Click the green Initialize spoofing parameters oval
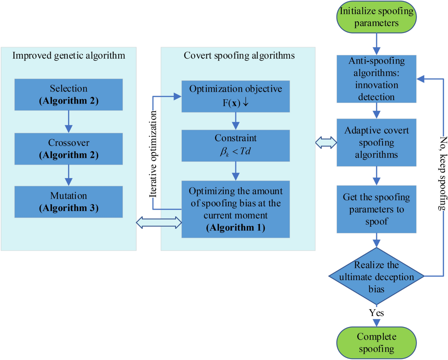pyautogui.click(x=376, y=17)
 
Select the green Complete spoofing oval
pyautogui.click(x=376, y=343)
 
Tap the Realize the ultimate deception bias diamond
pyautogui.click(x=376, y=276)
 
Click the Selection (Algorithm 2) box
pyautogui.click(x=68, y=94)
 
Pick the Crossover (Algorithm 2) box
pyautogui.click(x=68, y=149)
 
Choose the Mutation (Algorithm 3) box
pyautogui.click(x=68, y=202)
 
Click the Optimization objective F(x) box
pyautogui.click(x=236, y=96)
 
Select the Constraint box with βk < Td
pyautogui.click(x=236, y=146)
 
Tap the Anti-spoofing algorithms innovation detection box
pyautogui.click(x=376, y=79)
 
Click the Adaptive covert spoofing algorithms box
pyautogui.click(x=376, y=143)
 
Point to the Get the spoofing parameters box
pyautogui.click(x=376, y=209)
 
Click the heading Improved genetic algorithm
pyautogui.click(x=69, y=56)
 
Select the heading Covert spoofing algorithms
pyautogui.click(x=239, y=56)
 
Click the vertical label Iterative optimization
pyautogui.click(x=153, y=154)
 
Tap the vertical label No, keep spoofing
pyautogui.click(x=443, y=173)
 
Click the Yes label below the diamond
pyautogui.click(x=376, y=313)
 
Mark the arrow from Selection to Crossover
pyautogui.click(x=68, y=122)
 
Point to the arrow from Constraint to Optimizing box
pyautogui.click(x=236, y=171)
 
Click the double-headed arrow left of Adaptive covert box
pyautogui.click(x=326, y=143)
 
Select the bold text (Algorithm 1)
pyautogui.click(x=236, y=227)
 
